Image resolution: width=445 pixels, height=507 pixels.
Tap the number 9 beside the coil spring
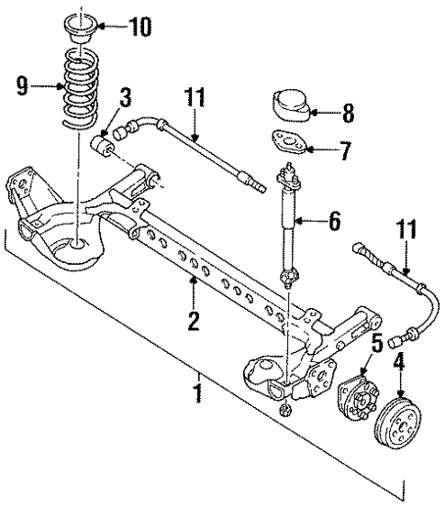click(23, 88)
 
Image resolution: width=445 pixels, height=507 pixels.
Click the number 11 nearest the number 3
click(195, 97)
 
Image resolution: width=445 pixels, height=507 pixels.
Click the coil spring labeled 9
click(77, 86)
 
